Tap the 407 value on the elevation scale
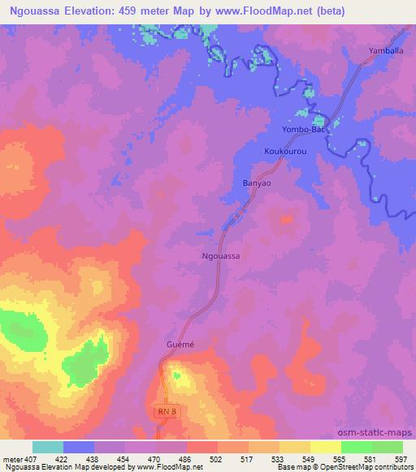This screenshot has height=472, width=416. click(31, 458)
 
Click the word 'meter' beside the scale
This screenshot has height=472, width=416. click(11, 458)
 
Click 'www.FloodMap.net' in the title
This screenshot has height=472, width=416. click(271, 11)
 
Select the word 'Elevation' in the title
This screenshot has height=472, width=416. click(93, 11)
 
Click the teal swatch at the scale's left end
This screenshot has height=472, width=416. click(48, 447)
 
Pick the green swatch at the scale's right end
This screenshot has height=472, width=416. click(387, 447)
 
